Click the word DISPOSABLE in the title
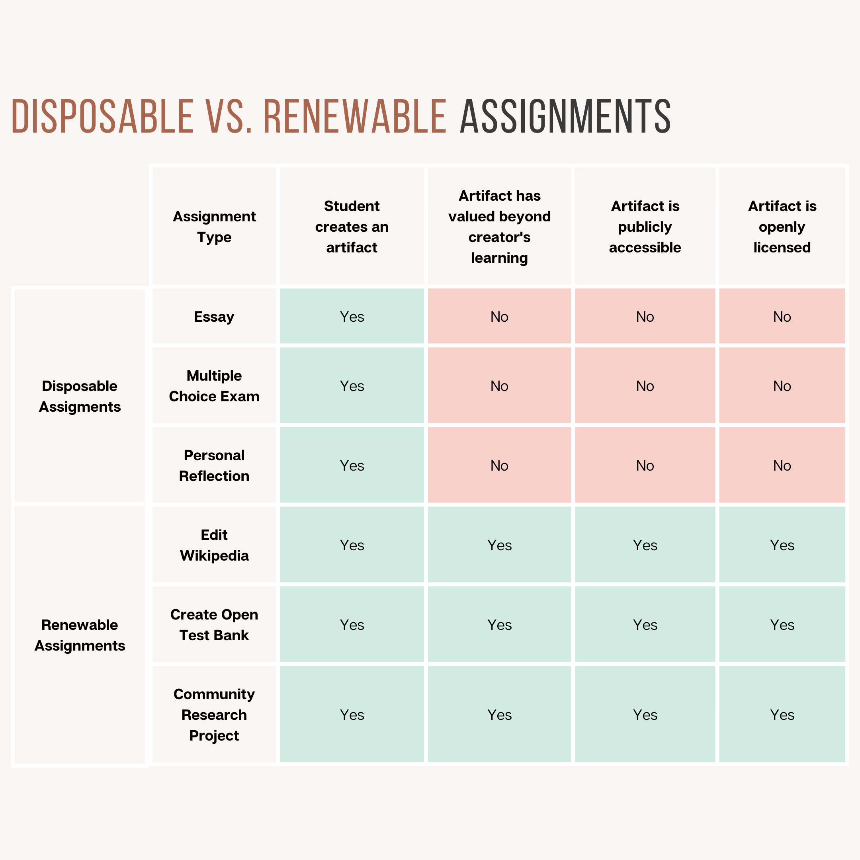(102, 116)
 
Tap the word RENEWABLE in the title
(355, 116)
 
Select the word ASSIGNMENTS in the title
(565, 116)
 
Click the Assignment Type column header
(214, 227)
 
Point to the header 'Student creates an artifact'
(352, 227)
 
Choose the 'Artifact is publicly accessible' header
(645, 227)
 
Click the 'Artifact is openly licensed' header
(782, 227)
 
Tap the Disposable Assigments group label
(80, 396)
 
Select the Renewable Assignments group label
(80, 635)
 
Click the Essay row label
(214, 317)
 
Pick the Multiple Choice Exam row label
(214, 386)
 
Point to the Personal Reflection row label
(214, 465)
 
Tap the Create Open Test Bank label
(214, 625)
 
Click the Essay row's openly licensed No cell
(782, 317)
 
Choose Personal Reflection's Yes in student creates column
(352, 465)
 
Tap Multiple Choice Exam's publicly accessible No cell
(645, 386)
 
